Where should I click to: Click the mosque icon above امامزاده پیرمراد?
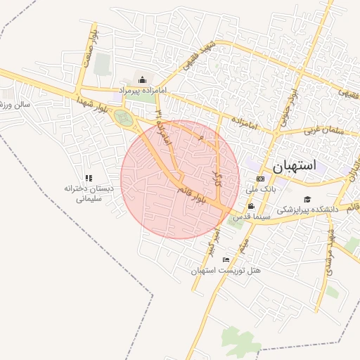click(x=143, y=79)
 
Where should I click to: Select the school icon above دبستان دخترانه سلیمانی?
click(x=89, y=179)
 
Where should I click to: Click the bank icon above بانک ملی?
click(x=260, y=179)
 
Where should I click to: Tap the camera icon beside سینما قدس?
click(x=252, y=206)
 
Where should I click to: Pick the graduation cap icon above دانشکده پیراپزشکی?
click(x=307, y=199)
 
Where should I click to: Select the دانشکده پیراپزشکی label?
click(x=307, y=210)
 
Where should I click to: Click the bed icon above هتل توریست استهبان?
click(x=226, y=259)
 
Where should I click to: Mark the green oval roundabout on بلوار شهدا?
click(x=123, y=117)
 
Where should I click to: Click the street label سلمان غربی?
click(x=321, y=131)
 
